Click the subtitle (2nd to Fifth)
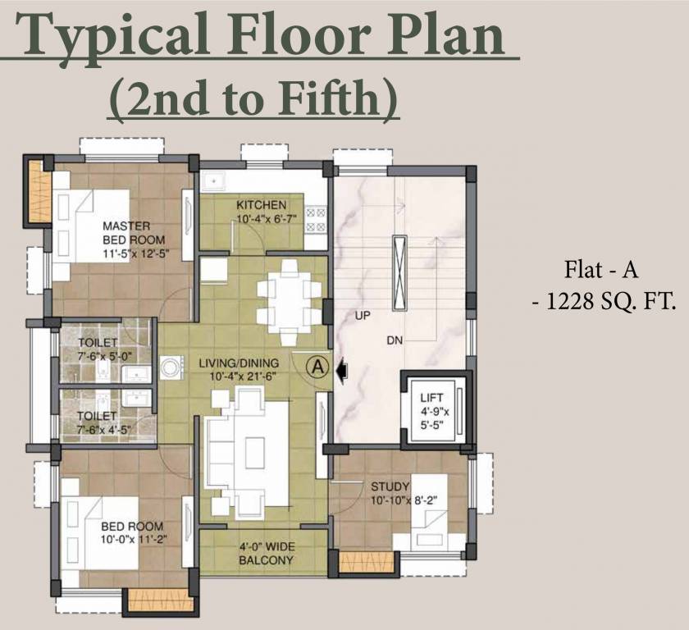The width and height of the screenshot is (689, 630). coord(254,98)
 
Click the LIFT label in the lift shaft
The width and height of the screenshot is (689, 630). coord(431,398)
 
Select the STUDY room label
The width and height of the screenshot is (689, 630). coord(390,487)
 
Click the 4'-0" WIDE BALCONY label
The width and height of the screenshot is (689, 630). coord(266,554)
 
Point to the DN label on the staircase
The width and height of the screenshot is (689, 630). coord(396,340)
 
